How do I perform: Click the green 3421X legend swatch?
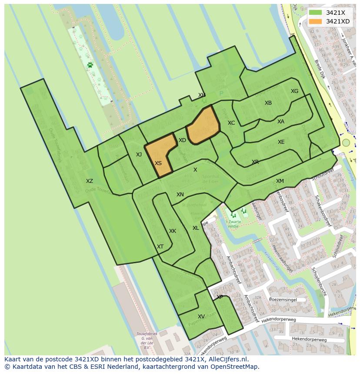tap(316, 12)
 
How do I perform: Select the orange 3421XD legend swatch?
tap(316, 21)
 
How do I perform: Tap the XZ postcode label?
tap(89, 181)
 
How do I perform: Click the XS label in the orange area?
tap(158, 163)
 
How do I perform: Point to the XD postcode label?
tap(182, 140)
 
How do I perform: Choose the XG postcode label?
tap(294, 91)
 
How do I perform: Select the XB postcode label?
tap(268, 103)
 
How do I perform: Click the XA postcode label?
tap(281, 122)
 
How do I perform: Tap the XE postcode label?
tap(281, 142)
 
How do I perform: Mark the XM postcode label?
tap(280, 181)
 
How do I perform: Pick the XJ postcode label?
tap(139, 155)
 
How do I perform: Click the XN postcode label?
tap(180, 195)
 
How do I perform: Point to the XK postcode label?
tap(173, 231)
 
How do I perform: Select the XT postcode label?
tap(160, 247)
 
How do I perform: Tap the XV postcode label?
tap(201, 317)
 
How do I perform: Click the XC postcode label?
tap(231, 123)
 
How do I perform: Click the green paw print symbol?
tap(90, 65)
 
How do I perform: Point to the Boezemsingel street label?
tap(283, 299)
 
